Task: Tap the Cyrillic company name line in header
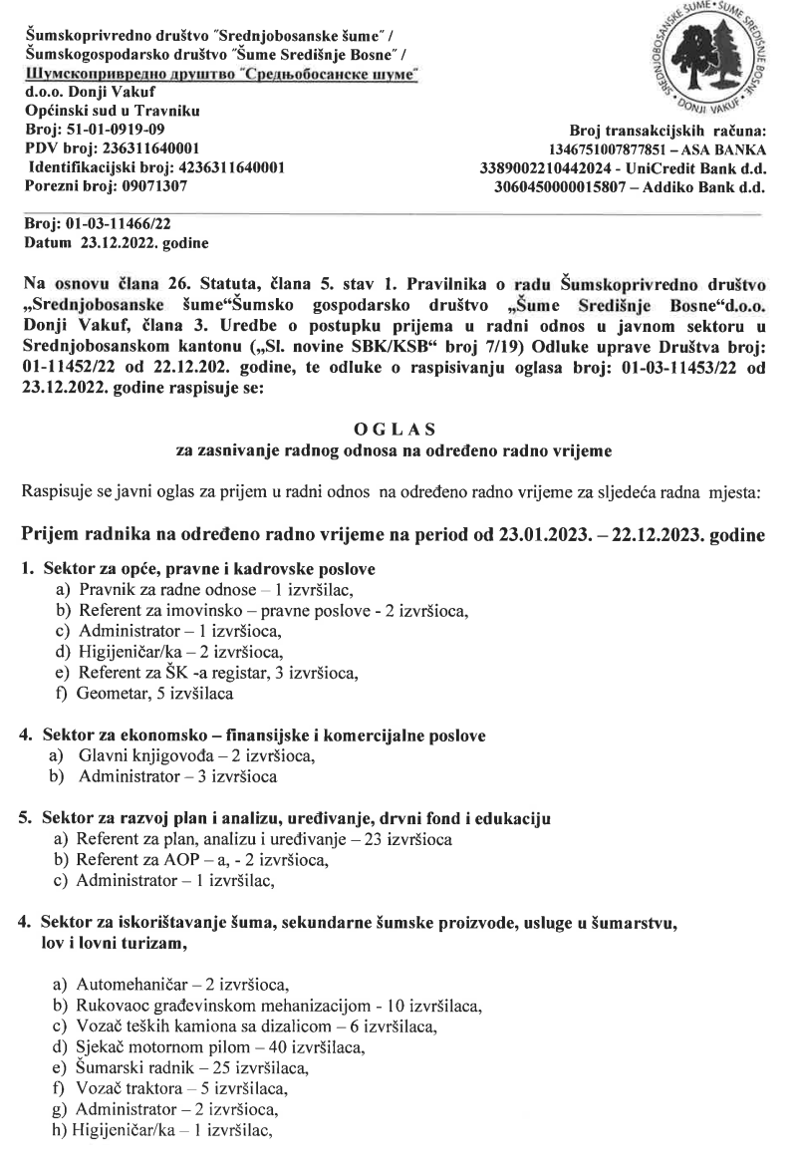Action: (x=221, y=77)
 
